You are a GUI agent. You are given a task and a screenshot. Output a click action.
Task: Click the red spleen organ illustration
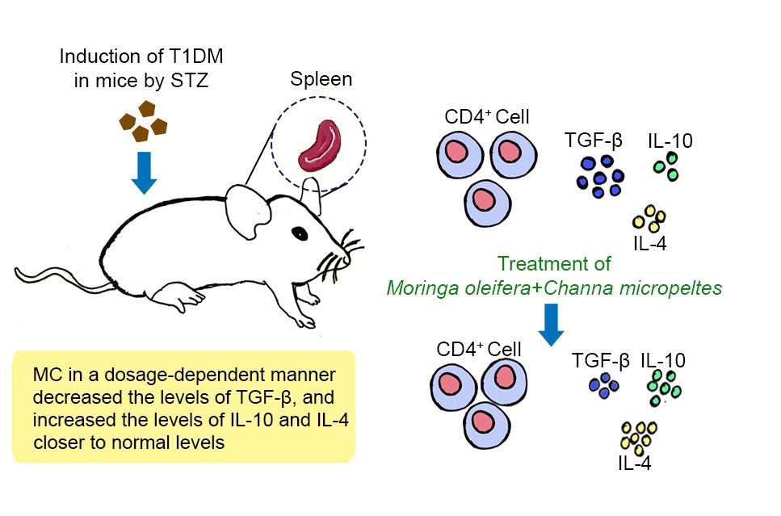[317, 148]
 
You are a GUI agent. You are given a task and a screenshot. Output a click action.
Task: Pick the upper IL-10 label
[669, 142]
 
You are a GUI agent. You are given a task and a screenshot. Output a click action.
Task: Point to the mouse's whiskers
[335, 257]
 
